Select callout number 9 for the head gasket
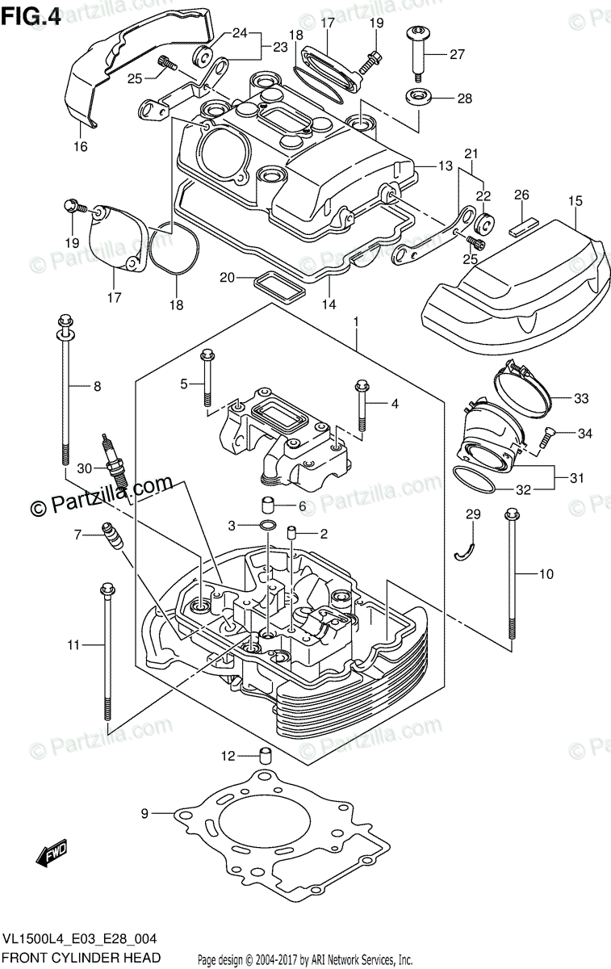pyautogui.click(x=145, y=814)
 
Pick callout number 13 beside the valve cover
pyautogui.click(x=445, y=166)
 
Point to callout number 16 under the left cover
pyautogui.click(x=81, y=146)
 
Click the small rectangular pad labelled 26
pyautogui.click(x=522, y=224)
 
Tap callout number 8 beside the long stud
pyautogui.click(x=97, y=386)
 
